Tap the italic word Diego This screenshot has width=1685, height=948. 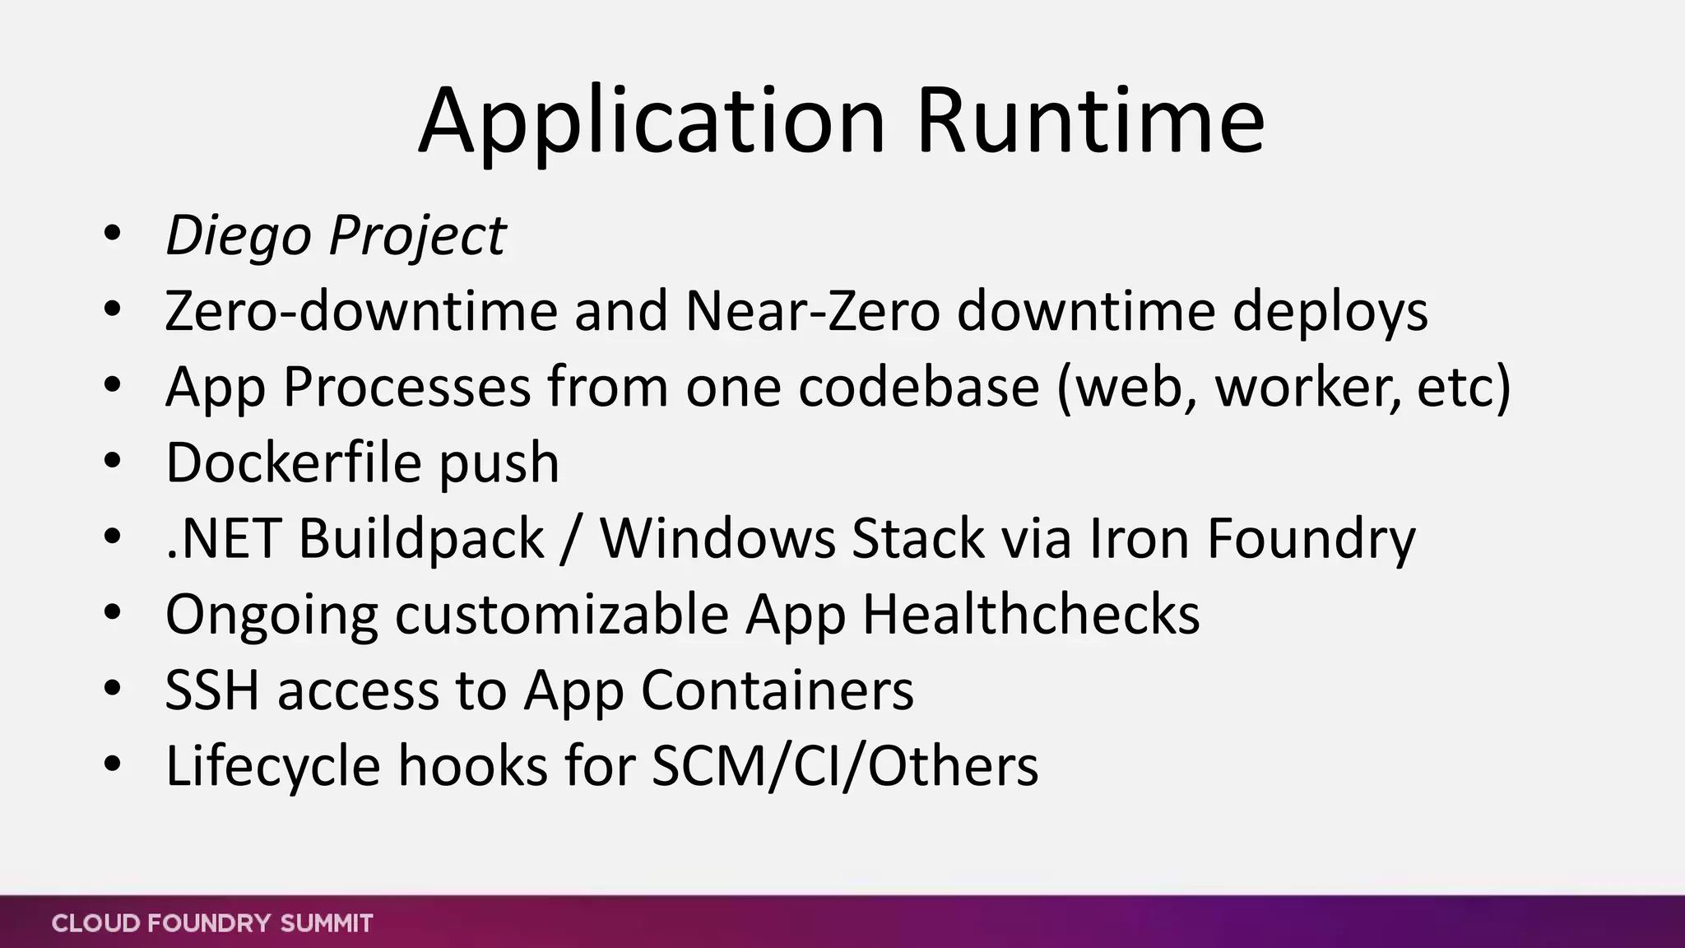pos(239,236)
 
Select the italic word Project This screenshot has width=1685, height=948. pos(417,236)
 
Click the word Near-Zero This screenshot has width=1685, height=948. pos(812,311)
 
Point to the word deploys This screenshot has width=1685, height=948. pos(1330,313)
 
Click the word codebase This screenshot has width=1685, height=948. pos(918,387)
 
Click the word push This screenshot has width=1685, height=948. pos(499,464)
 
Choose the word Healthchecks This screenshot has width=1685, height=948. pos(1031,615)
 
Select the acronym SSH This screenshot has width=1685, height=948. pos(212,690)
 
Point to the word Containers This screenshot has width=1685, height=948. pos(777,690)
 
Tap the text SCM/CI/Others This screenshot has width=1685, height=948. pos(845,767)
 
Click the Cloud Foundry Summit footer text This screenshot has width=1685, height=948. pos(212,923)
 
